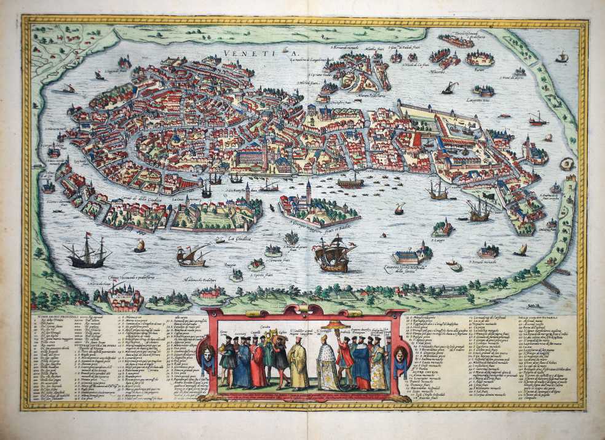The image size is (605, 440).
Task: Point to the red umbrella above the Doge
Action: pos(337,325)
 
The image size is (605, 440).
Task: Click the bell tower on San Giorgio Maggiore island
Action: pos(308,190)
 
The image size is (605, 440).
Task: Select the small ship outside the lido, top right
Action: pos(561,57)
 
